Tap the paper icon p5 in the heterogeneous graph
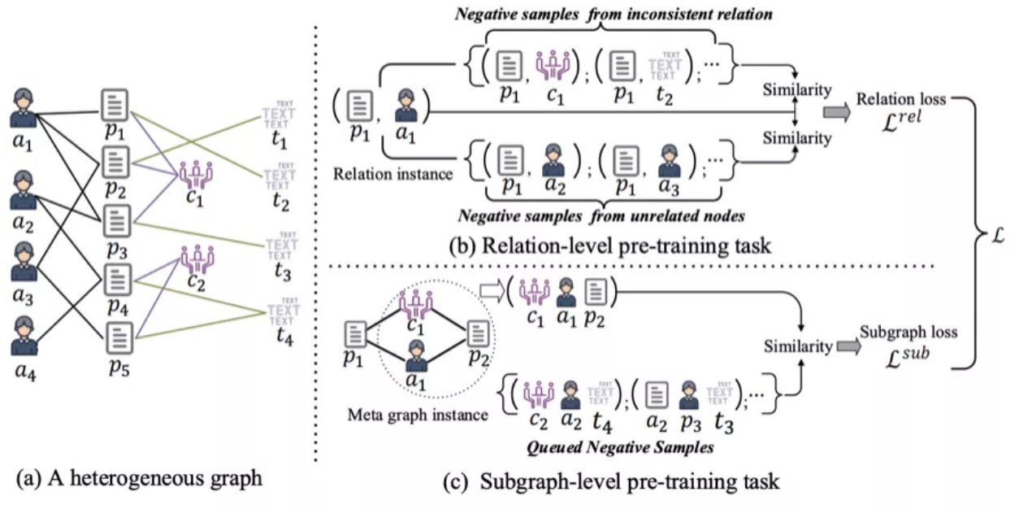[118, 336]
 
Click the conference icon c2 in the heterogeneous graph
[196, 259]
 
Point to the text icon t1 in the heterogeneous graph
[280, 115]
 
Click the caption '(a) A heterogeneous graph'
[138, 478]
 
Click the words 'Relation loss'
[900, 100]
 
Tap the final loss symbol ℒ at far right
[1004, 235]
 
